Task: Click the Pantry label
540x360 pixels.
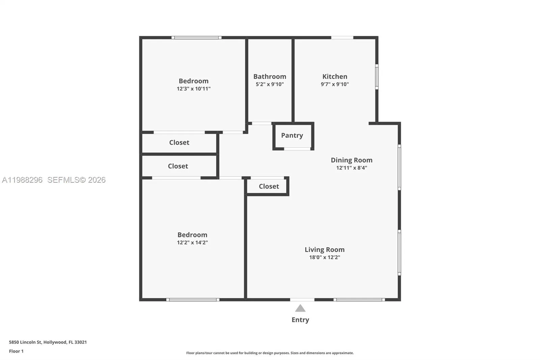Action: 292,135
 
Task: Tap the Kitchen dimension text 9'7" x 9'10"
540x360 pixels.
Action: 334,84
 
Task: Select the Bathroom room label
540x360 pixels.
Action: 270,77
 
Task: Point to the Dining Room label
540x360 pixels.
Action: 351,160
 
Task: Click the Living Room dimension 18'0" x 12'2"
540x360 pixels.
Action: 324,257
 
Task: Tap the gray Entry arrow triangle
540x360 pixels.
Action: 300,308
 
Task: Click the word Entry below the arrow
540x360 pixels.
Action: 300,320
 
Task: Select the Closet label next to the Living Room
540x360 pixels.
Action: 269,186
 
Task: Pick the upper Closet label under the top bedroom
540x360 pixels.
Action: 179,143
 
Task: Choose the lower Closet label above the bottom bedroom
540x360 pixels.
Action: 178,166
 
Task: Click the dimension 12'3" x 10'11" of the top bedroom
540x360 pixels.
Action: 193,89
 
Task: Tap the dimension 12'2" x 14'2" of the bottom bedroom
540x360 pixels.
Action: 192,242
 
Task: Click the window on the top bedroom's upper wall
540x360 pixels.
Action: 196,37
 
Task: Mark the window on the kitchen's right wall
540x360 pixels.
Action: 377,77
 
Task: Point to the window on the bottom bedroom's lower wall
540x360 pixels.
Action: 193,300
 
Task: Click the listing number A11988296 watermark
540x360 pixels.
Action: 22,180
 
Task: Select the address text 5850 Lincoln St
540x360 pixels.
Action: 25,342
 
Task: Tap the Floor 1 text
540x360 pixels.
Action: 16,351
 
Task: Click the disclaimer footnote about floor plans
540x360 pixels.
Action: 270,353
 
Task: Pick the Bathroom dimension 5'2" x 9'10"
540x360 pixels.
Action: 270,84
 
